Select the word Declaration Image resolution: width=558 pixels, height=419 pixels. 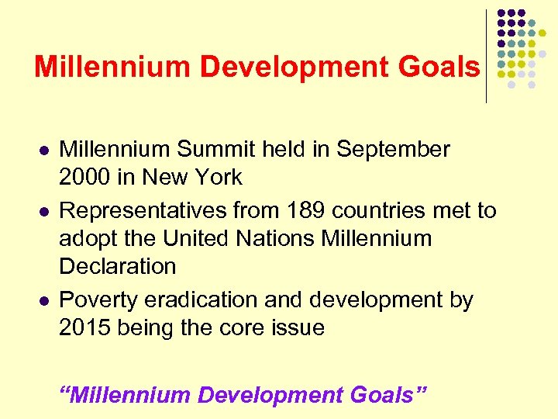point(118,266)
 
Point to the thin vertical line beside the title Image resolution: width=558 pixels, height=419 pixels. point(486,56)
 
